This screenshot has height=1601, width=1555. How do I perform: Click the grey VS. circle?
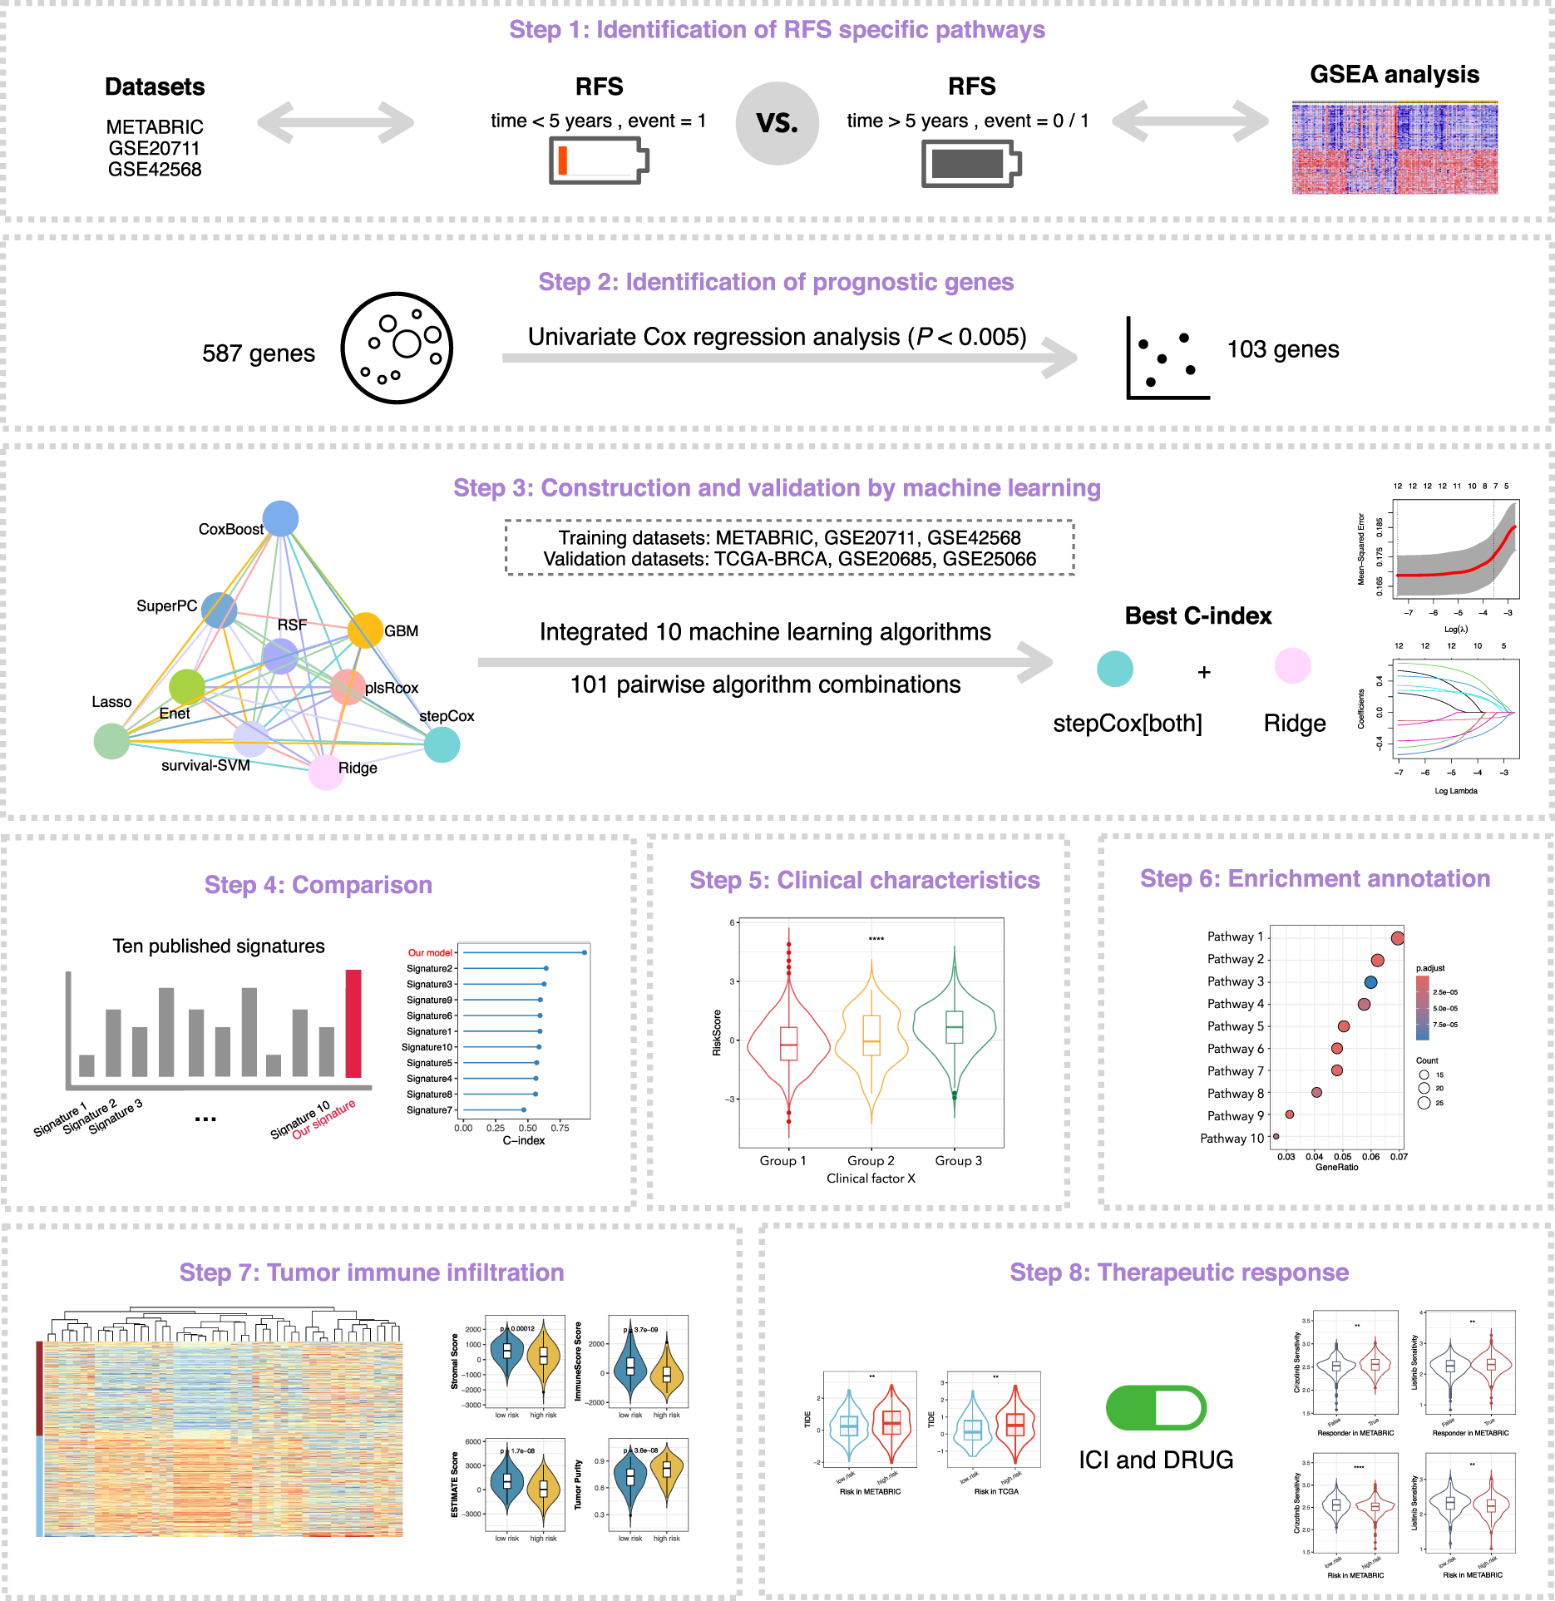[x=777, y=123]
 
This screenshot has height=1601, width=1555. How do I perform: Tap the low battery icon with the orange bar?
[x=598, y=161]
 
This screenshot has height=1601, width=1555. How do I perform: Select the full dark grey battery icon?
[x=970, y=164]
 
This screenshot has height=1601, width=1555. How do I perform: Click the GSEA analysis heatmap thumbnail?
[x=1395, y=148]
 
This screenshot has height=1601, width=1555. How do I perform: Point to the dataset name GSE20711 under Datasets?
[x=155, y=149]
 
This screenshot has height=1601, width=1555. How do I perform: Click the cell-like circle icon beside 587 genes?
[x=397, y=348]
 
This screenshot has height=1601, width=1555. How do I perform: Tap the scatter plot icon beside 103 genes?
[x=1167, y=358]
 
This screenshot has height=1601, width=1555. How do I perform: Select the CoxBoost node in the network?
[x=280, y=519]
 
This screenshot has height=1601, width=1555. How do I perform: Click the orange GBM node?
[x=364, y=630]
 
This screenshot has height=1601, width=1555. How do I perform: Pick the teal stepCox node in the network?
[x=442, y=744]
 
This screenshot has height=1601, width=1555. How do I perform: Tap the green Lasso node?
[x=111, y=741]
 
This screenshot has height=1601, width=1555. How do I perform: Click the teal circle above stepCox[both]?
[x=1114, y=669]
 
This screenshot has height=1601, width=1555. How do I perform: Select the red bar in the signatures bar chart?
[x=353, y=1023]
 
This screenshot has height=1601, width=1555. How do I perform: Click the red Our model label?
[x=430, y=953]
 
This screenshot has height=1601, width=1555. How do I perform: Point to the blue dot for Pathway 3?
[x=1370, y=982]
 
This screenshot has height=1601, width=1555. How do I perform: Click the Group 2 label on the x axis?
[x=871, y=1160]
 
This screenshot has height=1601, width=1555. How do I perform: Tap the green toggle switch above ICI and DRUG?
[x=1156, y=1407]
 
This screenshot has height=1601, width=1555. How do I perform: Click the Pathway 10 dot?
[x=1276, y=1137]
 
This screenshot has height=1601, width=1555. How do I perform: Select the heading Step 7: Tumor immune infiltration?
[x=372, y=1272]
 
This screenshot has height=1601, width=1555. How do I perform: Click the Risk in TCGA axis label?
[x=996, y=1491]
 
